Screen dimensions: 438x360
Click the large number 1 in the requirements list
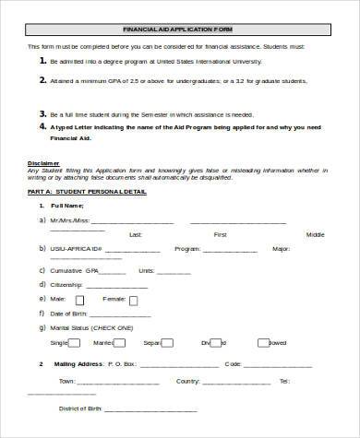tap(42, 60)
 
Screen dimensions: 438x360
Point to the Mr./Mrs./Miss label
tap(70, 221)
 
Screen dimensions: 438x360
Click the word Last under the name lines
tap(136, 234)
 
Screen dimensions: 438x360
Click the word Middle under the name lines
tap(316, 234)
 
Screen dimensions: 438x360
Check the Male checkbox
tap(78, 300)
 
